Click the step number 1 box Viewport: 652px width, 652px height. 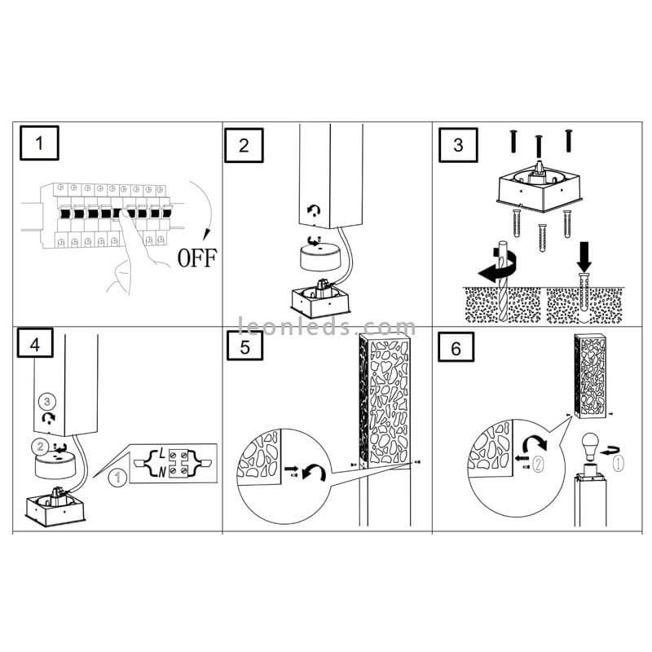[39, 143]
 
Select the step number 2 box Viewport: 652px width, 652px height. [244, 145]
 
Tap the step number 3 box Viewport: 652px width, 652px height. [458, 145]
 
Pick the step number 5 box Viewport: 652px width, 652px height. [245, 346]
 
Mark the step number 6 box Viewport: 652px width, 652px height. [456, 347]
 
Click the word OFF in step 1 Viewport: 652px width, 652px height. [197, 258]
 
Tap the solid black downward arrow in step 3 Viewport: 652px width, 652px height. [584, 257]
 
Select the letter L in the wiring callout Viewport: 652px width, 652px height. [161, 454]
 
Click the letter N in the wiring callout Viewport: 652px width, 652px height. [161, 472]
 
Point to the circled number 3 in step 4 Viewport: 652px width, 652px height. [47, 402]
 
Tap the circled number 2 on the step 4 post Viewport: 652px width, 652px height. [40, 447]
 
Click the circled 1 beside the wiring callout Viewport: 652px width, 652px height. [117, 478]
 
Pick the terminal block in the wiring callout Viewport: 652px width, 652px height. [178, 463]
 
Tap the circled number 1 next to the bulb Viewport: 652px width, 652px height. [619, 463]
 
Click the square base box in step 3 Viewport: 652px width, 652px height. [540, 192]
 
